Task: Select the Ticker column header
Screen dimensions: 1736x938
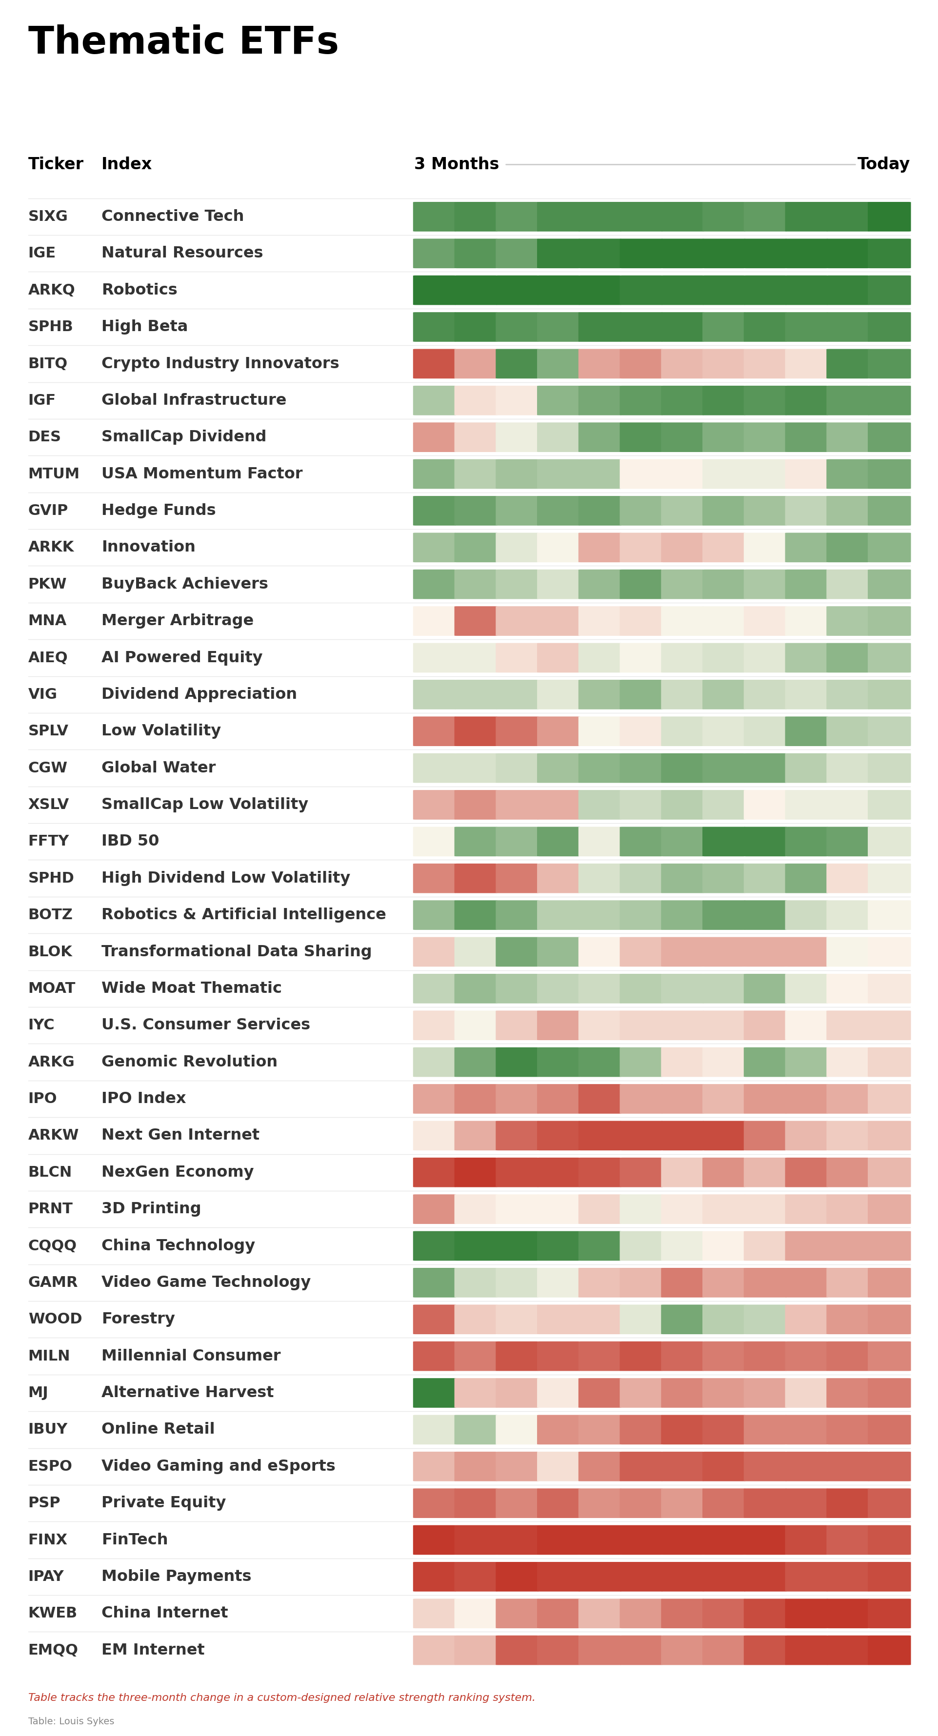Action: pyautogui.click(x=55, y=164)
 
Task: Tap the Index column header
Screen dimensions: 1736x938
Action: pyautogui.click(x=126, y=164)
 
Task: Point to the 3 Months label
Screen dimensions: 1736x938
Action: pyautogui.click(x=456, y=164)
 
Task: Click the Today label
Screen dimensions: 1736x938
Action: pyautogui.click(x=883, y=164)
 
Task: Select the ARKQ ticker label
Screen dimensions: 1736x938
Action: pyautogui.click(x=51, y=290)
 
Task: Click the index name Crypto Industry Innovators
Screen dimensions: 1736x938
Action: pyautogui.click(x=220, y=363)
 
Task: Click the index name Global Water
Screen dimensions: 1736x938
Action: pyautogui.click(x=159, y=768)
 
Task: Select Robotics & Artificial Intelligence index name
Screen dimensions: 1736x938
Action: pyautogui.click(x=243, y=914)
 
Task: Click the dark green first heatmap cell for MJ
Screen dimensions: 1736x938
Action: pyautogui.click(x=434, y=1392)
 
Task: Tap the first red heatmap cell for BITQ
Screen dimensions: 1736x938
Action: pyautogui.click(x=434, y=364)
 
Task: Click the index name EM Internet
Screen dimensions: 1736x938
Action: pyautogui.click(x=152, y=1650)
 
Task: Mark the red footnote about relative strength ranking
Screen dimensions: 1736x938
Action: pyautogui.click(x=281, y=1697)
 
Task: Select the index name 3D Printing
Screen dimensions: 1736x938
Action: pyautogui.click(x=151, y=1208)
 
